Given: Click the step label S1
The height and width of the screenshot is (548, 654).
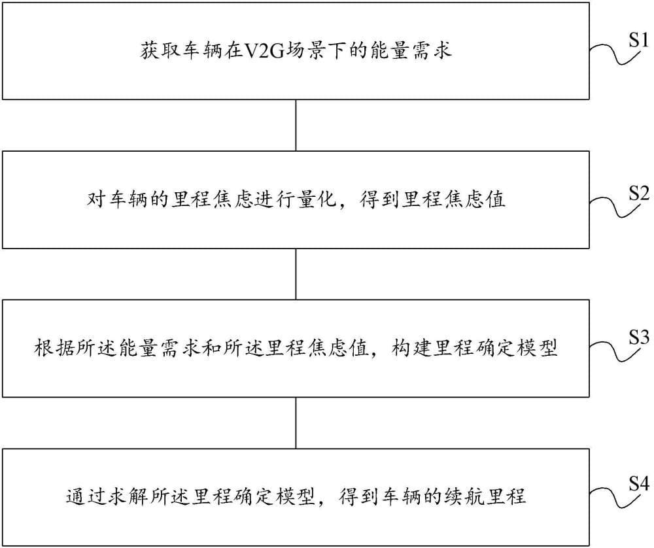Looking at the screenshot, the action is coord(638,41).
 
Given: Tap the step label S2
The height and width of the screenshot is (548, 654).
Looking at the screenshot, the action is coord(638,193).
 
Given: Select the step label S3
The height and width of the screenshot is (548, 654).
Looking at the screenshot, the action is coord(638,337).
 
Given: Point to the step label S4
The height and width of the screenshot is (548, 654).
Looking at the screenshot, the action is coord(638,484).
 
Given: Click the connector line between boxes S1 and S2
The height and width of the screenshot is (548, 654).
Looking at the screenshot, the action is coord(296,125).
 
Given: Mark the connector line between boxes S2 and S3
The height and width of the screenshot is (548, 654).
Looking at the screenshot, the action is coord(296,274).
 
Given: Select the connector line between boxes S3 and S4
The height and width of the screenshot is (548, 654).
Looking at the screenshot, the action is coord(296,423).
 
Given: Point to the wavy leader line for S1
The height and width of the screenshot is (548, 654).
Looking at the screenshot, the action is coord(613,54).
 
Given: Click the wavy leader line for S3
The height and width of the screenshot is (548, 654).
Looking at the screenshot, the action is coord(613,351).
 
